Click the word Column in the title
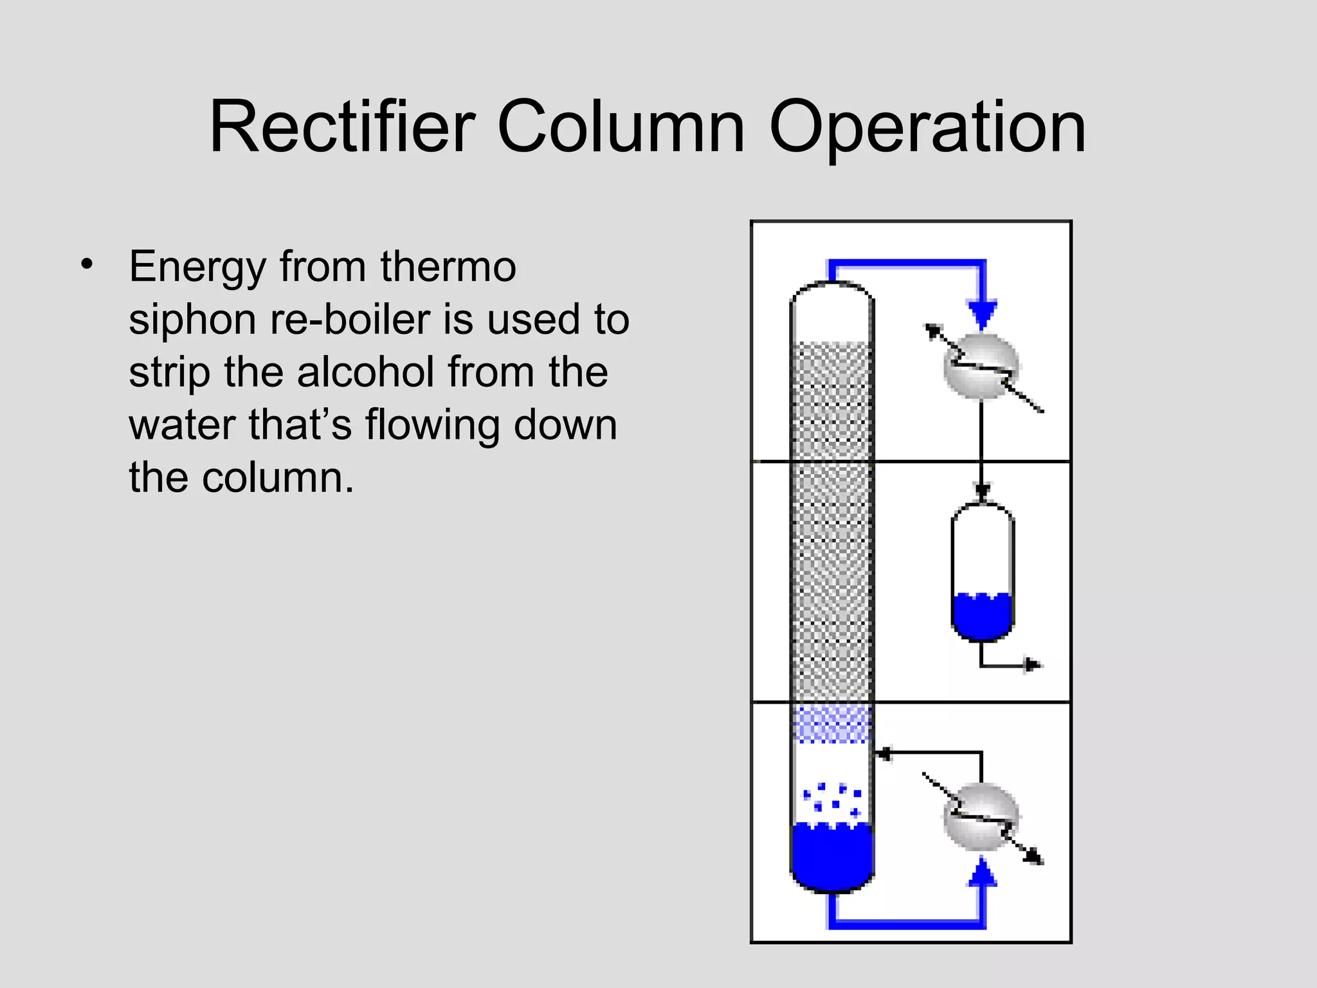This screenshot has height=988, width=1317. pos(621,127)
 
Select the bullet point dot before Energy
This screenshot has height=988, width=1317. pos(87,264)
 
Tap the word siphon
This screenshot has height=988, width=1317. pos(192,320)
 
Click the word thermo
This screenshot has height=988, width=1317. pos(448,266)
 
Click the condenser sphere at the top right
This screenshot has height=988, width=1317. pos(981,366)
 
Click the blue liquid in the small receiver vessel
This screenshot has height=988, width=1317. pos(982,617)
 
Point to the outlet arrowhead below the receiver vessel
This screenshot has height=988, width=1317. pos(1031,665)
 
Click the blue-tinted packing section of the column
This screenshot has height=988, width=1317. pos(832,724)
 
